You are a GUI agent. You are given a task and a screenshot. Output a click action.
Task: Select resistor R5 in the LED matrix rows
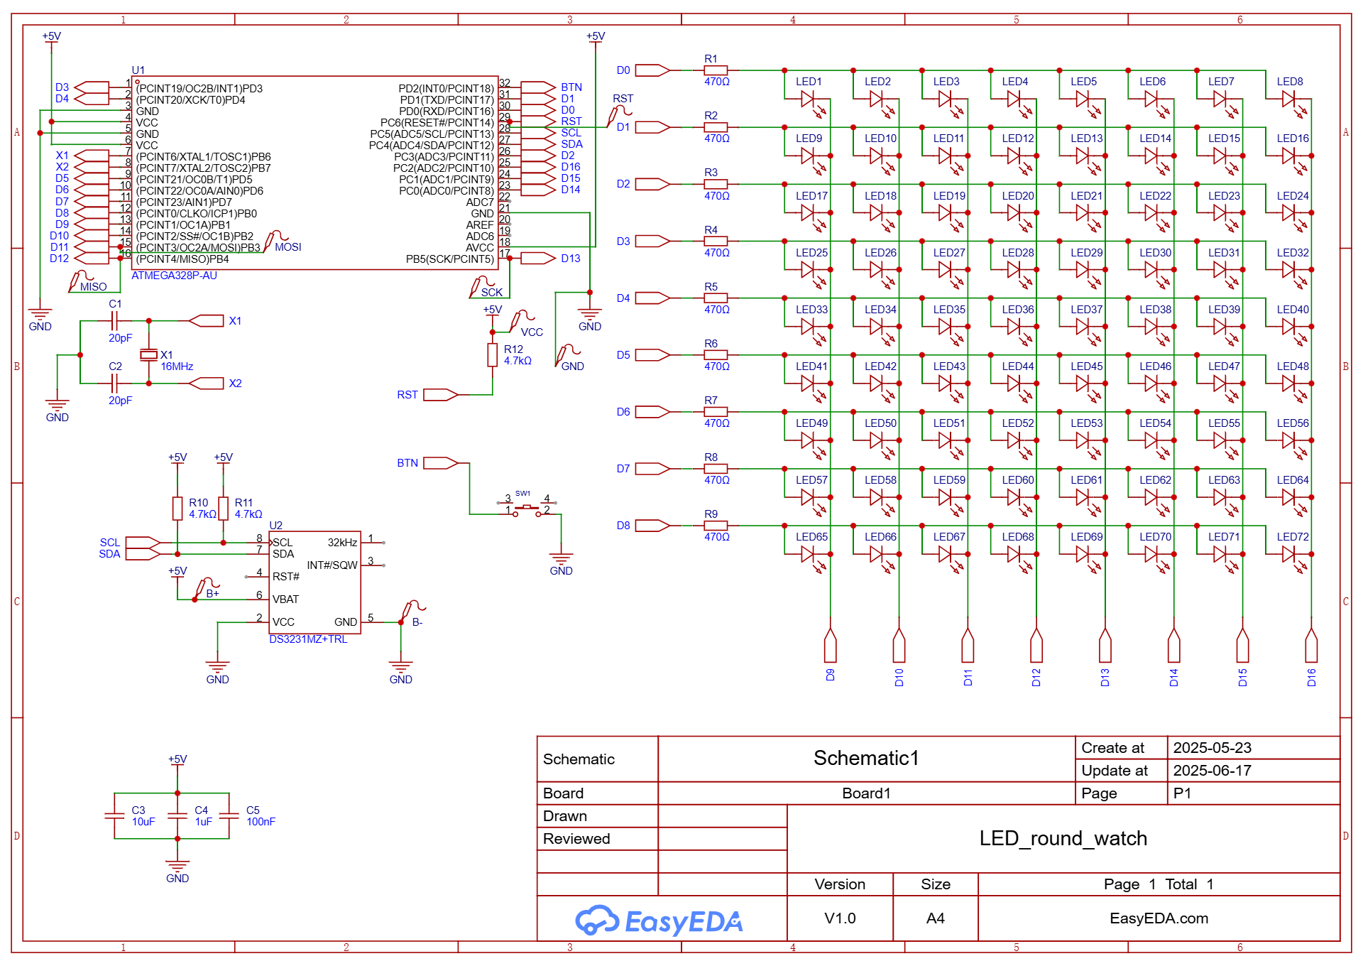716,298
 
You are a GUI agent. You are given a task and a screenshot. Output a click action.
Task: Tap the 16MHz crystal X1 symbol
148,354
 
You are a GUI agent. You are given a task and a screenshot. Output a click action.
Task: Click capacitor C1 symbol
114,321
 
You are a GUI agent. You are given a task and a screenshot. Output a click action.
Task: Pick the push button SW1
527,506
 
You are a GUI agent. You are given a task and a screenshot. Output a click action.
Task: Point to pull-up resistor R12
493,354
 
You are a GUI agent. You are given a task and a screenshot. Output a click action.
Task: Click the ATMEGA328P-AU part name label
174,276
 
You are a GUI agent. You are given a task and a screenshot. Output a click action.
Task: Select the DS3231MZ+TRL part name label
308,639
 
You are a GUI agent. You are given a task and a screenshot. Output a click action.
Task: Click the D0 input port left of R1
652,70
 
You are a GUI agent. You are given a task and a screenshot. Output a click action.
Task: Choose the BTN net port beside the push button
441,463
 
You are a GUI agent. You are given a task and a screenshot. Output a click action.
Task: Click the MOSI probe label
288,247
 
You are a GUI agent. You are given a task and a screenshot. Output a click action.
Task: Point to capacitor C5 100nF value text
261,822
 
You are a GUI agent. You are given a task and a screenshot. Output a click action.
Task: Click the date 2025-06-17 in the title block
1212,771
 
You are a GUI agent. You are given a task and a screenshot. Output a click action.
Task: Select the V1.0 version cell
840,918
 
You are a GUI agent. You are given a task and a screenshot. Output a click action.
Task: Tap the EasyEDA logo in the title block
659,921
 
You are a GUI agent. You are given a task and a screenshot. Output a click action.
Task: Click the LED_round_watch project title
1063,839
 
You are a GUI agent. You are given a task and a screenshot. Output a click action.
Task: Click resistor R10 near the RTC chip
177,508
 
